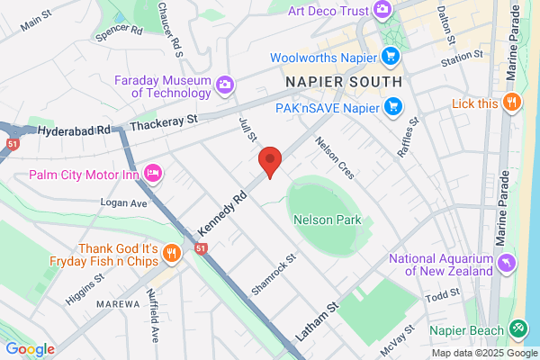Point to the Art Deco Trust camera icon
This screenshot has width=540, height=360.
(382, 10)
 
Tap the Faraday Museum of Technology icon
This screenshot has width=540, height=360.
(225, 85)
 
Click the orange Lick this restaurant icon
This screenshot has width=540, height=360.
(511, 103)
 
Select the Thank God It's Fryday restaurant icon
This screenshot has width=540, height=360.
(171, 255)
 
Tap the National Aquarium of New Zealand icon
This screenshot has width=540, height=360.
(507, 263)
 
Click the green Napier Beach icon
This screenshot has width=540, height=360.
(518, 329)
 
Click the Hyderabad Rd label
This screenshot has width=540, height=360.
(78, 130)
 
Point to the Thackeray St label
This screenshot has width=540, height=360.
(166, 120)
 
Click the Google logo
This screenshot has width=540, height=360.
(30, 348)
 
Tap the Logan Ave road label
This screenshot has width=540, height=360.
(125, 203)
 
